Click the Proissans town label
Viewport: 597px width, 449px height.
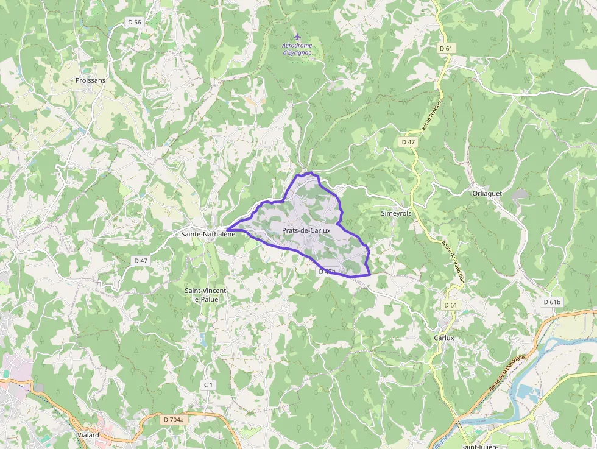coord(90,80)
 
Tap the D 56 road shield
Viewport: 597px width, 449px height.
coord(135,22)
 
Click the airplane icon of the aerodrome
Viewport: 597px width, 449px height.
coord(297,37)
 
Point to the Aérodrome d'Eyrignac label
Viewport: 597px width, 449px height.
coord(297,49)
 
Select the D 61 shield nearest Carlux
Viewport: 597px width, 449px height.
coord(450,305)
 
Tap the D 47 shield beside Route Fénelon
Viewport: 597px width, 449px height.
coord(408,141)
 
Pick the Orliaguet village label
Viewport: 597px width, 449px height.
coord(487,193)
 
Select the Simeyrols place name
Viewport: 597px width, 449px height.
coord(396,214)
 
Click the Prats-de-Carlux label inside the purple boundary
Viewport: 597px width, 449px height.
coord(306,230)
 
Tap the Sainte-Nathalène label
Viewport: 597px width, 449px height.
coord(208,233)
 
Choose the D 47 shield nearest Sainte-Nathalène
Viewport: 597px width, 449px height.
coord(141,260)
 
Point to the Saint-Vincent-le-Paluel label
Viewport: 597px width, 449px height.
coord(207,295)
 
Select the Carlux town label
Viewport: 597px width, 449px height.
coord(444,337)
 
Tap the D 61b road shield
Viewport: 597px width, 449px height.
coord(551,302)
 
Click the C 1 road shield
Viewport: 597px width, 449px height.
coord(209,384)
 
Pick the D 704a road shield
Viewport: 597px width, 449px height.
coord(174,419)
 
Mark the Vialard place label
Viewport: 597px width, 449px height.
coord(89,436)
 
